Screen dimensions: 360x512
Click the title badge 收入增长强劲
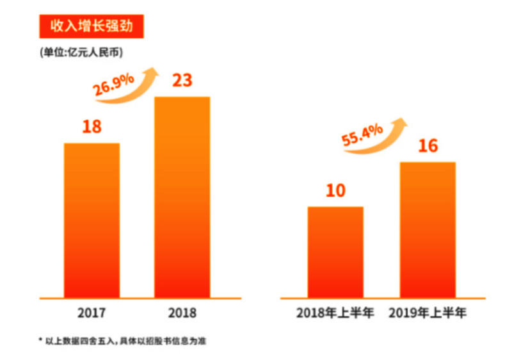88,27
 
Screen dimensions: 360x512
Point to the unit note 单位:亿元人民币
81,53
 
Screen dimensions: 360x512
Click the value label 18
92,127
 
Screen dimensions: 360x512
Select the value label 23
182,81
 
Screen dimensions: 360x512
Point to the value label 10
335,191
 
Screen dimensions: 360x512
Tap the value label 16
428,146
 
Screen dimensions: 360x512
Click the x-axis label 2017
92,314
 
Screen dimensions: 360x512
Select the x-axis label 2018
182,314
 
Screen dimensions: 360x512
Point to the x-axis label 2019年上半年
428,314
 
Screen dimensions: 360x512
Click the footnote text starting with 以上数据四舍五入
125,341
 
